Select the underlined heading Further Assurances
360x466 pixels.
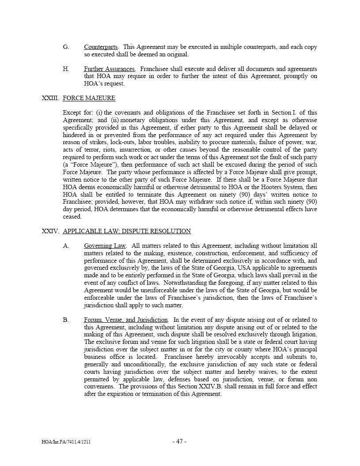click(x=109, y=69)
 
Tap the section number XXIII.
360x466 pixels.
click(x=50, y=98)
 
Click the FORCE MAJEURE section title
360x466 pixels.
click(x=89, y=98)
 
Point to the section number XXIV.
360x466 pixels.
click(x=50, y=231)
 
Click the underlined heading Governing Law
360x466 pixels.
click(x=105, y=246)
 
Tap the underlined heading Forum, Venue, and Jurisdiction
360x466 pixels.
click(x=126, y=320)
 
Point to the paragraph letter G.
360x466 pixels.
click(x=66, y=47)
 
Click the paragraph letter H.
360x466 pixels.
click(x=66, y=69)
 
